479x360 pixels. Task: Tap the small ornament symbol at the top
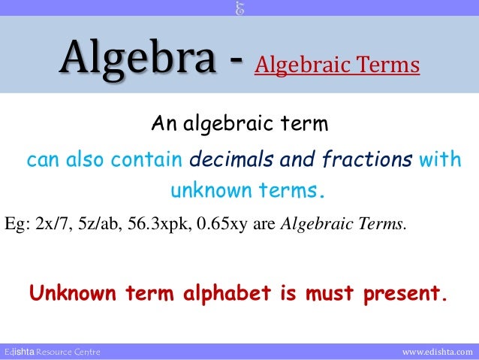click(239, 8)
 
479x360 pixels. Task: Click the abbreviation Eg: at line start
click(17, 223)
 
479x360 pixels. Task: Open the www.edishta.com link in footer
click(438, 352)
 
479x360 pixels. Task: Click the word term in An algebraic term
click(305, 123)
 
